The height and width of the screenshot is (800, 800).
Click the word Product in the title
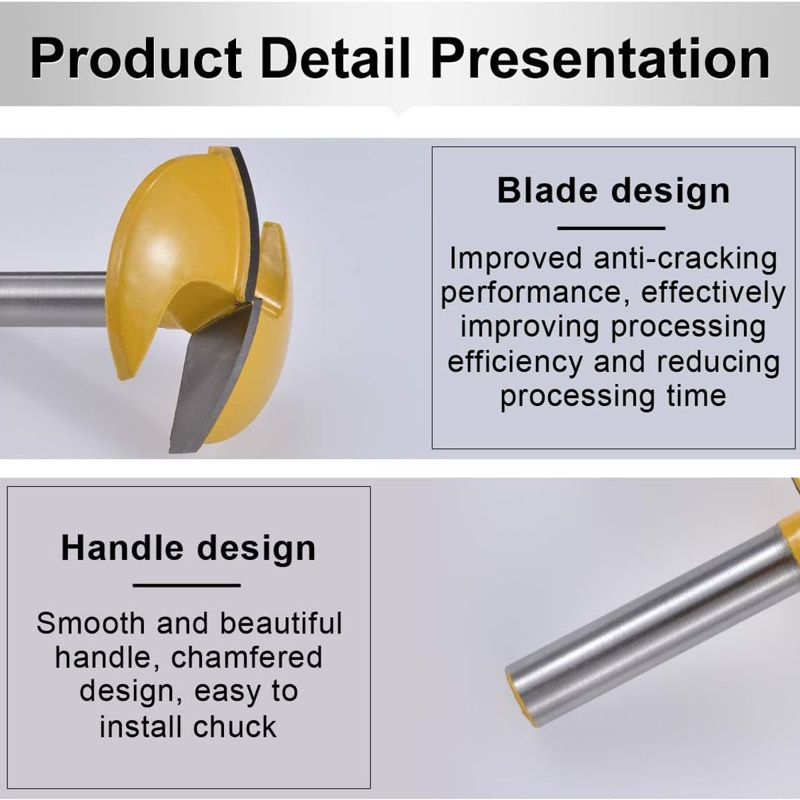coord(136,58)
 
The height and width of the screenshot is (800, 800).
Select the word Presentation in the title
coord(600,58)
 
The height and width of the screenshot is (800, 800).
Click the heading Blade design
coord(613,191)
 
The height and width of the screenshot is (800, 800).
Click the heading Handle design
coord(189,548)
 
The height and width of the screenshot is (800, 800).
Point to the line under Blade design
coord(611,228)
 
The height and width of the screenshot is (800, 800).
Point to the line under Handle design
coord(187,585)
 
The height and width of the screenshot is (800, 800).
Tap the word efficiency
coord(515,362)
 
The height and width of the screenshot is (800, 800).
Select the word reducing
coord(718,363)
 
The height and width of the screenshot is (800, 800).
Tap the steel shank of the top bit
coord(53,299)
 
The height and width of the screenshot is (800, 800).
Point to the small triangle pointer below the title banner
coord(398,111)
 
